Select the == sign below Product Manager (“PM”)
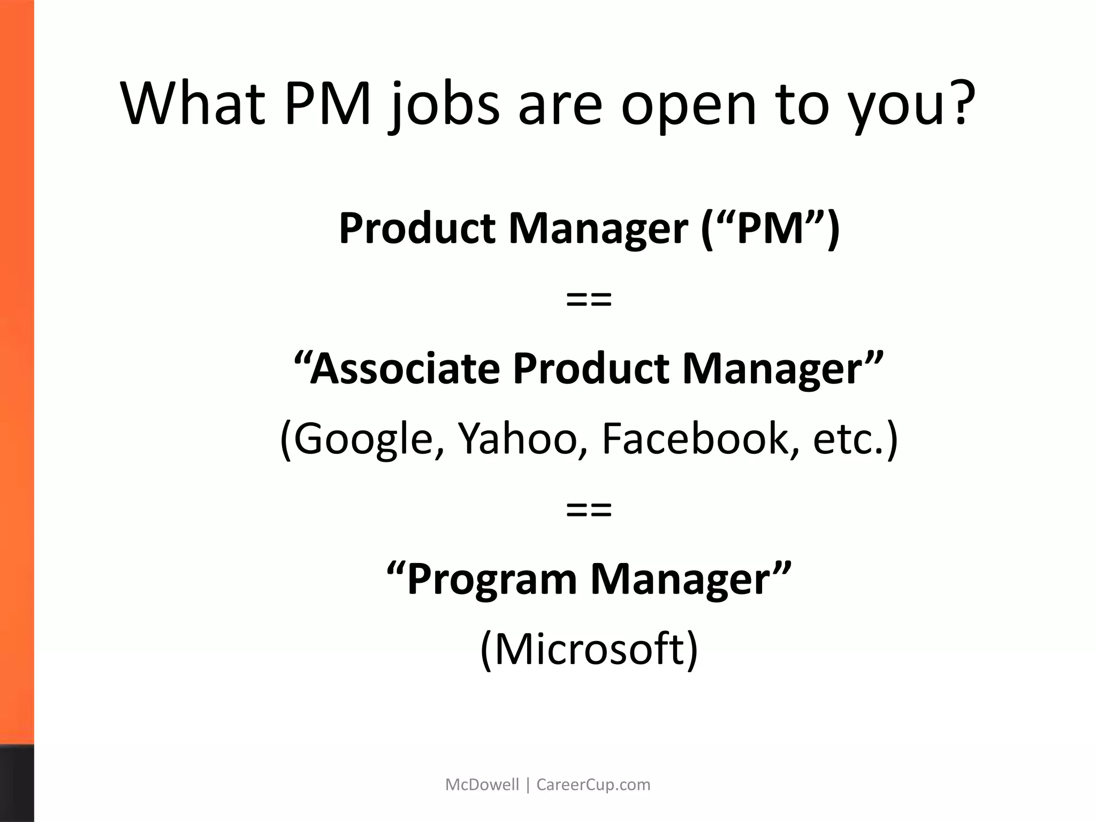[x=589, y=300]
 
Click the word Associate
[x=404, y=369]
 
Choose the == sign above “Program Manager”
[x=589, y=510]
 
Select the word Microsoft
[x=589, y=649]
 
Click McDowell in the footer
[x=482, y=785]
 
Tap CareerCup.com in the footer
[x=593, y=785]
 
